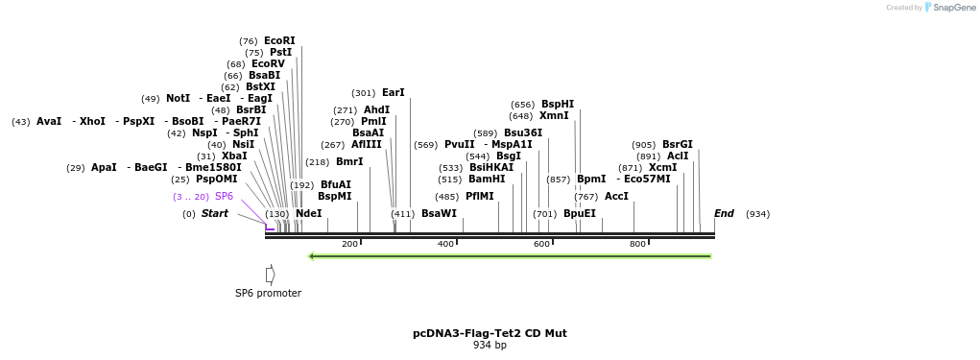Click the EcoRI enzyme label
[x=279, y=41]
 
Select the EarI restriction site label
[x=393, y=93]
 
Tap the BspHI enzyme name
[x=557, y=105]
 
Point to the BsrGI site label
[x=677, y=145]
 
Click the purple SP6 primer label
[x=224, y=197]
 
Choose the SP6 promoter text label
[x=268, y=294]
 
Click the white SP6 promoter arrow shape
[x=270, y=275]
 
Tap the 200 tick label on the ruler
[x=349, y=244]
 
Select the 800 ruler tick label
[x=637, y=244]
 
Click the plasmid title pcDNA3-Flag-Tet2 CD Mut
[x=490, y=333]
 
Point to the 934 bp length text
[x=490, y=346]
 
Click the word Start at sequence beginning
[x=214, y=214]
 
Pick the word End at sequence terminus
[x=724, y=214]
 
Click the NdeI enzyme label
[x=308, y=214]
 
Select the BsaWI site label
[x=439, y=214]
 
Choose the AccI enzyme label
[x=616, y=197]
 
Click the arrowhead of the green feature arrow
[x=312, y=256]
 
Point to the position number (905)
[x=643, y=145]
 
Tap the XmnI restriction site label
[x=554, y=116]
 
